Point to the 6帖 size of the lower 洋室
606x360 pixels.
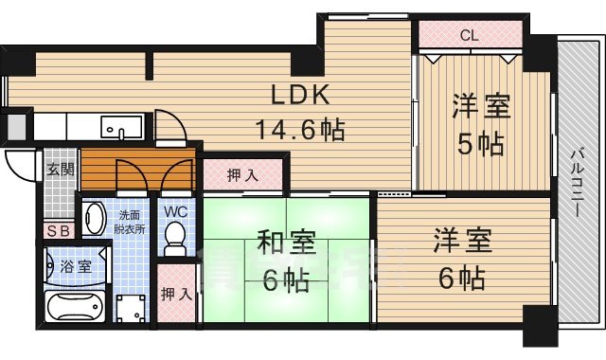click(x=461, y=279)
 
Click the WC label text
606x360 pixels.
click(x=177, y=211)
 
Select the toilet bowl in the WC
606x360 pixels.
click(x=175, y=244)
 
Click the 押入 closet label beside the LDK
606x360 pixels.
click(x=241, y=174)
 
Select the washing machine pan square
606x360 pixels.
click(x=130, y=307)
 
